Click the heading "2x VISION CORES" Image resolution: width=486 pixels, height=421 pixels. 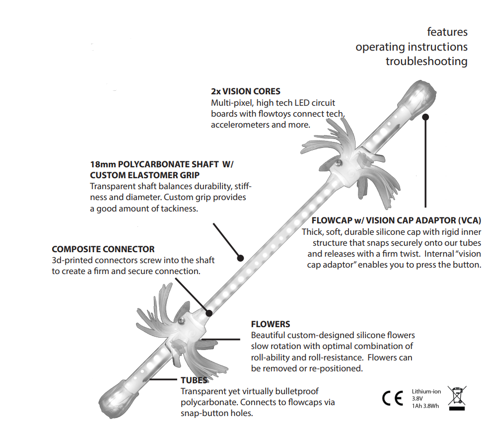[245, 91]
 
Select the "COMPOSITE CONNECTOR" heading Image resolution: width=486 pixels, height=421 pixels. [103, 249]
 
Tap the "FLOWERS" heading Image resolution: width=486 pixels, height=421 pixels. [271, 324]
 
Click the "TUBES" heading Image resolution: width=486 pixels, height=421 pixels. [194, 380]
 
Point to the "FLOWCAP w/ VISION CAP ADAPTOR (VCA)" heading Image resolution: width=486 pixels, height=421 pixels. [396, 220]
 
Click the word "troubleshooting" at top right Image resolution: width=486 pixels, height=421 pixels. [426, 62]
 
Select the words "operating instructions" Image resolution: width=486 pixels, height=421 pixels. [411, 47]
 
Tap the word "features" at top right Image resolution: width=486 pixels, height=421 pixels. [447, 32]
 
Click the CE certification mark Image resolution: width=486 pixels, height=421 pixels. [393, 399]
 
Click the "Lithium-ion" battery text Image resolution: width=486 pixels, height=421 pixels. [426, 392]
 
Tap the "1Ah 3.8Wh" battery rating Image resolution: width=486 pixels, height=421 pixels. [425, 406]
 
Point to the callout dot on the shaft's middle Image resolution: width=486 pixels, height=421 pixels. [240, 258]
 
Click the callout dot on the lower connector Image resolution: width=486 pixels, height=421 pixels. [209, 313]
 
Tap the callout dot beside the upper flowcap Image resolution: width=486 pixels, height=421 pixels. [425, 117]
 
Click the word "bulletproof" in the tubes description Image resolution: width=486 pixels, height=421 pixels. [295, 392]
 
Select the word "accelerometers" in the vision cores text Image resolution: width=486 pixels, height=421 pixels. [240, 125]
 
